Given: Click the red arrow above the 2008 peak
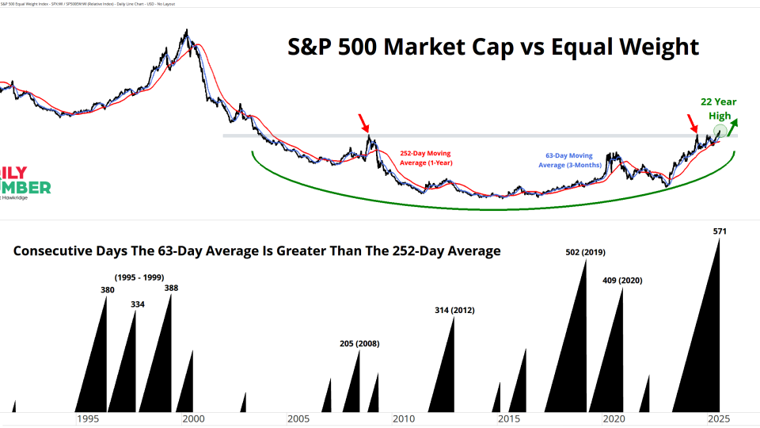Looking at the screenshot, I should (x=363, y=123).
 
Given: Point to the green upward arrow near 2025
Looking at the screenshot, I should (x=735, y=125).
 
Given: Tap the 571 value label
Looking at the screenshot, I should (x=720, y=231).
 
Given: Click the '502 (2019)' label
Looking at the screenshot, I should (x=586, y=252).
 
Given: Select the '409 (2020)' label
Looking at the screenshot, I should (x=623, y=281).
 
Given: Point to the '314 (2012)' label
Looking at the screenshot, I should (x=454, y=310).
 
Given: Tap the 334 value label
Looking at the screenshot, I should (x=137, y=304).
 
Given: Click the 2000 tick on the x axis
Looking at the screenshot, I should (x=192, y=418).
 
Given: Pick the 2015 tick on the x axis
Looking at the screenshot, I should (x=508, y=418).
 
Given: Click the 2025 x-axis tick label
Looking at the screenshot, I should (x=719, y=418).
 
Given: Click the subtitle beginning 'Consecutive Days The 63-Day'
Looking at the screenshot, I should (x=257, y=251).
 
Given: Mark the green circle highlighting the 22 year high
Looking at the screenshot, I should (x=720, y=132).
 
